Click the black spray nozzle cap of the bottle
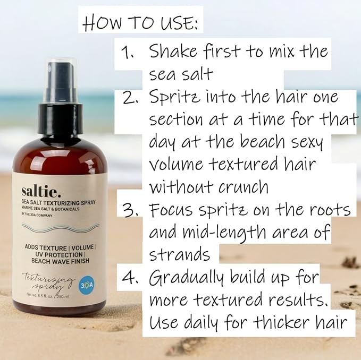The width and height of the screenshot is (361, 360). click(x=60, y=85)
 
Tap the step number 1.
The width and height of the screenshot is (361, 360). click(x=128, y=53)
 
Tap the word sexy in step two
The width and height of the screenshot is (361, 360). click(x=301, y=143)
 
